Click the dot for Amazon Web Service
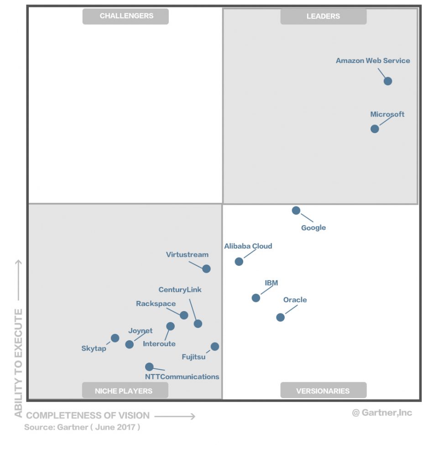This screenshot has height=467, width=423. tap(387, 81)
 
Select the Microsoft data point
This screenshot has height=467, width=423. tap(375, 129)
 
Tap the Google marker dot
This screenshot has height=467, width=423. tap(296, 210)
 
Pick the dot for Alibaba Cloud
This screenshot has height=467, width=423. tap(239, 261)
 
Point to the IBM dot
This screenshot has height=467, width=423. tap(256, 298)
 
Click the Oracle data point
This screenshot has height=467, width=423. tap(281, 317)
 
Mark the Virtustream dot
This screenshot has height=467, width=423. tap(206, 269)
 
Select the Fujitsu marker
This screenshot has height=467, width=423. tap(214, 347)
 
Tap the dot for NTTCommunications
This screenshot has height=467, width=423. tap(149, 367)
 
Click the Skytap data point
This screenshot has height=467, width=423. tap(115, 338)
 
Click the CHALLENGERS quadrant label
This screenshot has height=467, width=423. tap(125, 16)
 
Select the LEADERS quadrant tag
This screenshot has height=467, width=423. tap(323, 16)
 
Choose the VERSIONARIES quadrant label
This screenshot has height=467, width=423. tap(323, 390)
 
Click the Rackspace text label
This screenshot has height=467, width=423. tap(156, 304)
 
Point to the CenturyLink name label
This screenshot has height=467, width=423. tap(180, 290)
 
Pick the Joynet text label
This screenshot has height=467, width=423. tap(140, 331)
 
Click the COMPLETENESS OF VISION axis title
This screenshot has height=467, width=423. tap(88, 415)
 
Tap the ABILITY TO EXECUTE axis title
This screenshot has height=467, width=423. tap(18, 363)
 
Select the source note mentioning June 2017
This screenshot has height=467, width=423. tap(82, 428)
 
